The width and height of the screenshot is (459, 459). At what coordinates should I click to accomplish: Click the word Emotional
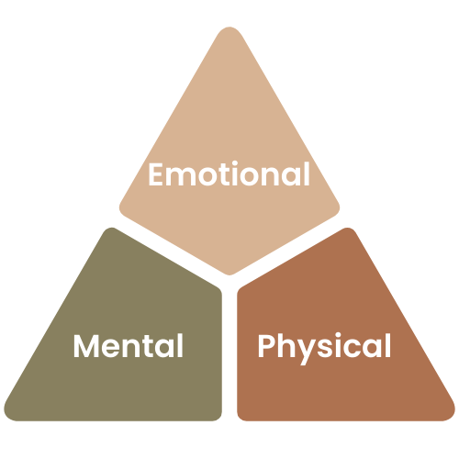(x=229, y=174)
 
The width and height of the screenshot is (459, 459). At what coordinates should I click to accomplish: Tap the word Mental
(x=129, y=346)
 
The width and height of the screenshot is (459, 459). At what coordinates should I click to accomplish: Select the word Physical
(x=324, y=348)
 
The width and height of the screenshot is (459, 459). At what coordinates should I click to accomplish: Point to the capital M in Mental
(x=86, y=346)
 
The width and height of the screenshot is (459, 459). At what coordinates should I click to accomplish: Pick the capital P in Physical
(x=266, y=346)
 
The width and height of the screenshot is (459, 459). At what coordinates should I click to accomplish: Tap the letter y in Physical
(x=308, y=353)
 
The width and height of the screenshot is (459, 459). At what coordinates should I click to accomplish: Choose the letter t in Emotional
(x=220, y=174)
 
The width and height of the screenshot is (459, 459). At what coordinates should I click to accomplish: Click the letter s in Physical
(x=327, y=349)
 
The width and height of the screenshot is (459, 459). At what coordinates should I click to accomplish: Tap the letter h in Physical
(x=286, y=345)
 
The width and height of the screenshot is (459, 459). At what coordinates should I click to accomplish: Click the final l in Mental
(x=181, y=345)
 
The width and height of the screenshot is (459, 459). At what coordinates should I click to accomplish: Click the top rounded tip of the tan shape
(x=229, y=28)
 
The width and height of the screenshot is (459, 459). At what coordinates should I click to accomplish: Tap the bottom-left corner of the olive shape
(x=6, y=417)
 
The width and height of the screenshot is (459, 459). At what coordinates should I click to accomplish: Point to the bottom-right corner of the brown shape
(x=452, y=417)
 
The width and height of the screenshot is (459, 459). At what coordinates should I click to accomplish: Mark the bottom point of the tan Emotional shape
(x=229, y=274)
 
